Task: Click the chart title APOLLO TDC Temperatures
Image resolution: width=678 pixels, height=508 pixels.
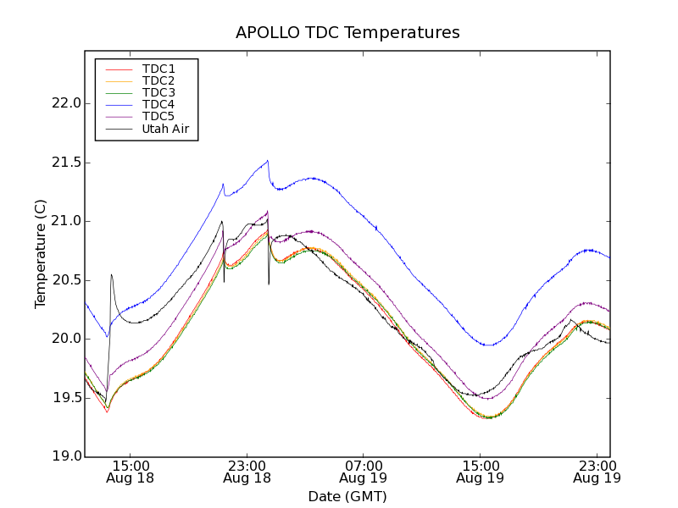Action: tap(347, 33)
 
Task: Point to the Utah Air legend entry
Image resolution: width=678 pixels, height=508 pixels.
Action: tap(165, 129)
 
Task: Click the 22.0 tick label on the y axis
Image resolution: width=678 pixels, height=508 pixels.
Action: tap(66, 103)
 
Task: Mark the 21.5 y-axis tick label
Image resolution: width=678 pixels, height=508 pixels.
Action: tap(66, 163)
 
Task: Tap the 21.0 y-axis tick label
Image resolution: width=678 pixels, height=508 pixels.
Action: tap(66, 221)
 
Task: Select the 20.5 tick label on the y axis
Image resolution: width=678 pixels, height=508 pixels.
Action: tap(66, 280)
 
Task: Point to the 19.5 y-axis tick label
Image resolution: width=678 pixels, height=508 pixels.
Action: tap(66, 398)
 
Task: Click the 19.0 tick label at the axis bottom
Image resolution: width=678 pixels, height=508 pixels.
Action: tap(66, 456)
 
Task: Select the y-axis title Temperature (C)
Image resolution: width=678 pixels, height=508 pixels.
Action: tap(41, 254)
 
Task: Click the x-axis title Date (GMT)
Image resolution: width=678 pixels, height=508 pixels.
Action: tap(347, 496)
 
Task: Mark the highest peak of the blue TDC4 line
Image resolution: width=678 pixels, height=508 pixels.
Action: tap(268, 160)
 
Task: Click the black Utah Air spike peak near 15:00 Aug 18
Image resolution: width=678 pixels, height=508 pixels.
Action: tap(111, 274)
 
